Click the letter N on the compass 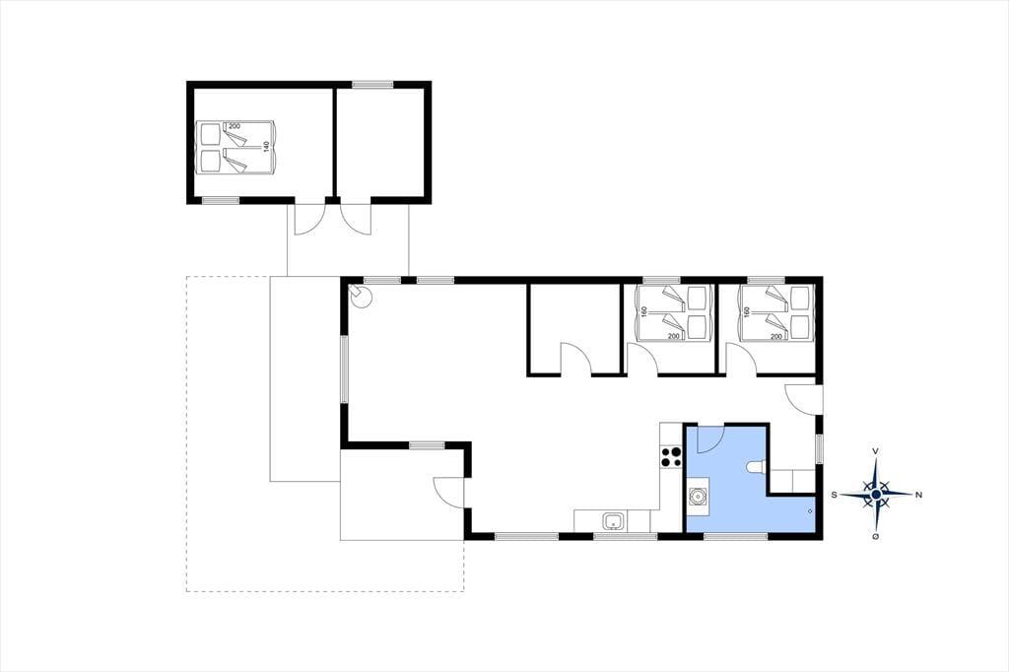919,495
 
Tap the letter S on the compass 834,495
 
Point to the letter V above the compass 876,451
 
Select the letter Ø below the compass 876,536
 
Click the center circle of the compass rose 876,494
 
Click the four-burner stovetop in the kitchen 670,456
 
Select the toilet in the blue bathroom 757,468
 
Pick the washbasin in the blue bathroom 698,497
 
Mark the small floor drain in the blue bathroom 810,511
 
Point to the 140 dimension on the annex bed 265,147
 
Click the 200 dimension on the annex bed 235,126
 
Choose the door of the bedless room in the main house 575,359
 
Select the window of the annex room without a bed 372,85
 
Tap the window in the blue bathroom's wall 736,536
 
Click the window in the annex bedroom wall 221,201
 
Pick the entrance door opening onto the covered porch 448,493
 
